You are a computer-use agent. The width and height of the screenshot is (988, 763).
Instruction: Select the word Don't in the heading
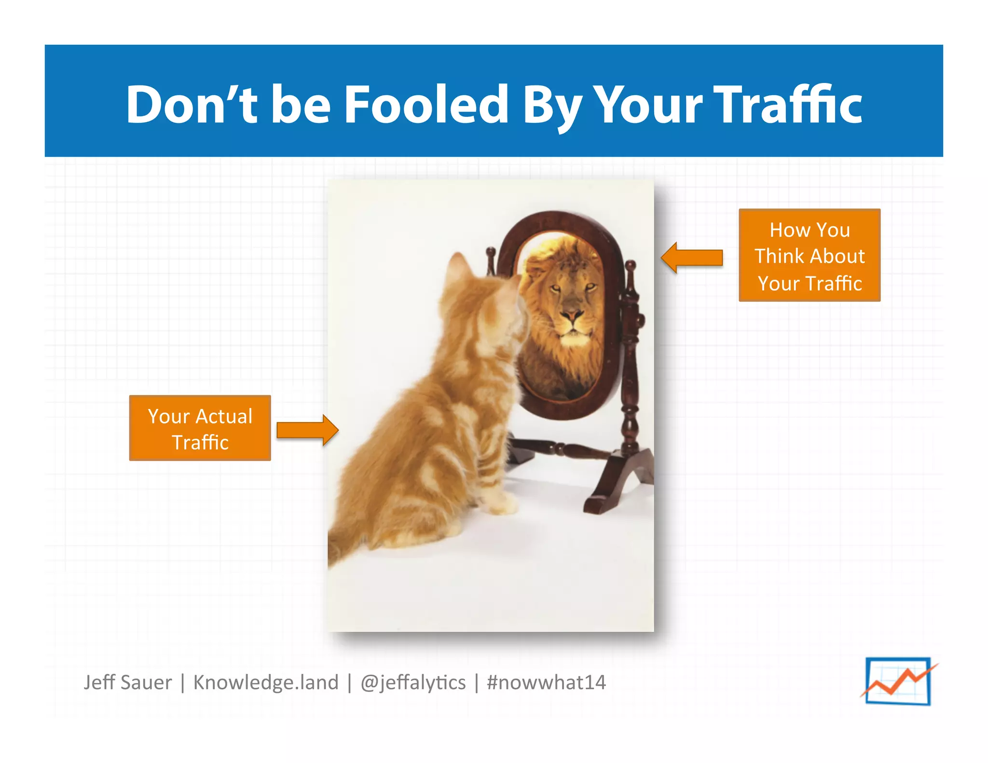(x=192, y=104)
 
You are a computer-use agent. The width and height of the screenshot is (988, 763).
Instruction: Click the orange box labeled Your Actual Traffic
(x=200, y=428)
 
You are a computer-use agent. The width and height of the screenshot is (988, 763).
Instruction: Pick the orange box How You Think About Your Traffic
(x=809, y=256)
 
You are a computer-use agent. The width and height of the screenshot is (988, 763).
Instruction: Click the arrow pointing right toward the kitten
(x=307, y=429)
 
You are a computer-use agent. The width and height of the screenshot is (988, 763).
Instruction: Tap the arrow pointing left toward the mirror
(x=692, y=258)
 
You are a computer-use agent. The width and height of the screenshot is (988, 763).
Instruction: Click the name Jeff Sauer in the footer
(x=127, y=682)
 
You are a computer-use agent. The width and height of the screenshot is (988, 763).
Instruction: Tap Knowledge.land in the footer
(x=266, y=682)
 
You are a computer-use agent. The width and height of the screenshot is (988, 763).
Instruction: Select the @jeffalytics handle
(x=413, y=682)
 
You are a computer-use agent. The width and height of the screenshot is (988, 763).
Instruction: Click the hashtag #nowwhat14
(x=546, y=682)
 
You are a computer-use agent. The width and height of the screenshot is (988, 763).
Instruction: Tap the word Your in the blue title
(x=649, y=104)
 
